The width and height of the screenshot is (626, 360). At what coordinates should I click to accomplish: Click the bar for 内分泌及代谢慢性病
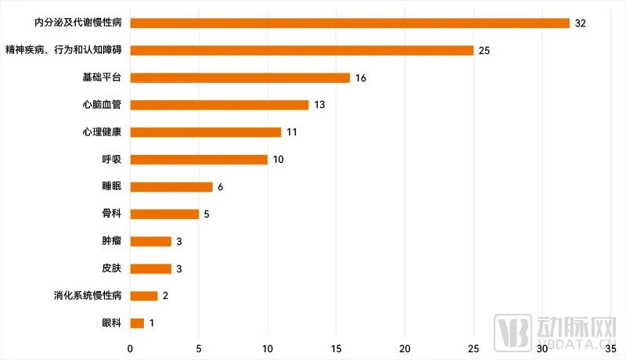pos(349,23)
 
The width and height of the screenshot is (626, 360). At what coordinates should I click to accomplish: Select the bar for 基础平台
pos(239,77)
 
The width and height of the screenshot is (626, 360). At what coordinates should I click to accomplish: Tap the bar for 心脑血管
pos(219,105)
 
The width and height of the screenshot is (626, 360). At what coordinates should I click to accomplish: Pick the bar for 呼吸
pos(199,160)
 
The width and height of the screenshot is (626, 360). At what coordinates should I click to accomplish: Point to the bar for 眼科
pos(137,323)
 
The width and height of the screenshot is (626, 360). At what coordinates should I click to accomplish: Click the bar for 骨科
pos(164,214)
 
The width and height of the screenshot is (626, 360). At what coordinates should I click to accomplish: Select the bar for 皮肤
pos(150,268)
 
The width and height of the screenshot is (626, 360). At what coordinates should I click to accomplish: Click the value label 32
pos(581,23)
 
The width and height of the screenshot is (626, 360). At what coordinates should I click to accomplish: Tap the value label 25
pos(484,51)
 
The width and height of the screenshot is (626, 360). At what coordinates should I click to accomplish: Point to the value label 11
pos(291,132)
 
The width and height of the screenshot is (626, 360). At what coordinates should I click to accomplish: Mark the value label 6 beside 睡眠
pos(221,187)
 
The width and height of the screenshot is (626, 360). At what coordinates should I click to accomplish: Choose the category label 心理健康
pos(102,132)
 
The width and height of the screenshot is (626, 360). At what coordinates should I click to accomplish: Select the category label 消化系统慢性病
pos(88,296)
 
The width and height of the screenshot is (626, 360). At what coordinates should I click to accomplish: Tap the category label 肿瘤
pos(112,241)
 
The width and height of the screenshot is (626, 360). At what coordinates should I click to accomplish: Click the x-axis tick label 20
pos(405,347)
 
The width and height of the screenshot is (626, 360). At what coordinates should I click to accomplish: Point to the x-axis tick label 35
pos(611,347)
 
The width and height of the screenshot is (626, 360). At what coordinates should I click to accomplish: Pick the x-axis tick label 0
pos(130,347)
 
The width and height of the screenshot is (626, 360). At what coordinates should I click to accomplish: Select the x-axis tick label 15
pos(336,347)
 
